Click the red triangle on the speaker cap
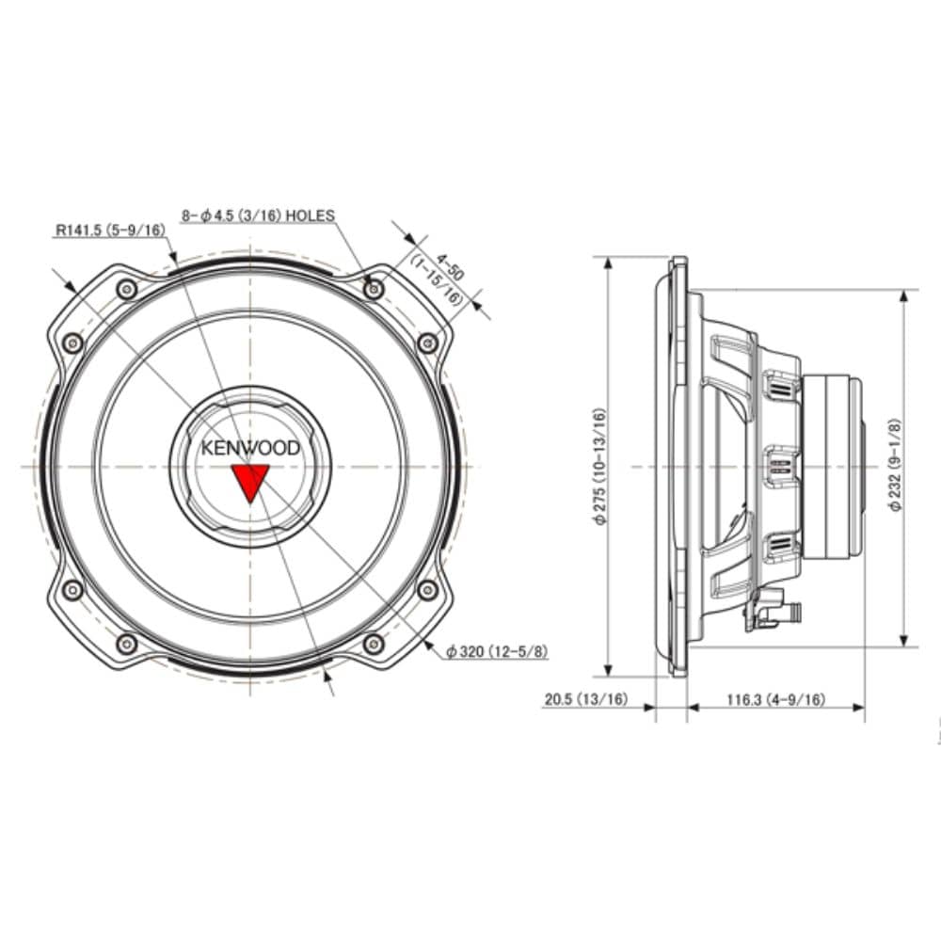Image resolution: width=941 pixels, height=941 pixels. click(249, 480)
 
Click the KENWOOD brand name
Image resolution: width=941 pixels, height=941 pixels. click(249, 448)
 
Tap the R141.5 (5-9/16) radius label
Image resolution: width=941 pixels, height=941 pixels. click(110, 230)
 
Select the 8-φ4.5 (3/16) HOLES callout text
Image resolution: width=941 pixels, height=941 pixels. click(258, 215)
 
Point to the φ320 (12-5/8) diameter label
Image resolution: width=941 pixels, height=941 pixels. click(498, 651)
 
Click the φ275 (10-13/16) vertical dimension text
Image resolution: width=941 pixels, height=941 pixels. click(599, 467)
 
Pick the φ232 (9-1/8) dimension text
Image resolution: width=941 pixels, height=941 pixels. click(894, 465)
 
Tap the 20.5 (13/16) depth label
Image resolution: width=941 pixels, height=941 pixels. click(585, 699)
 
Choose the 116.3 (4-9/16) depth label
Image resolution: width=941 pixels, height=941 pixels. click(776, 699)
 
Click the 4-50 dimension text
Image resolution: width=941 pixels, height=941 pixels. click(451, 267)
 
